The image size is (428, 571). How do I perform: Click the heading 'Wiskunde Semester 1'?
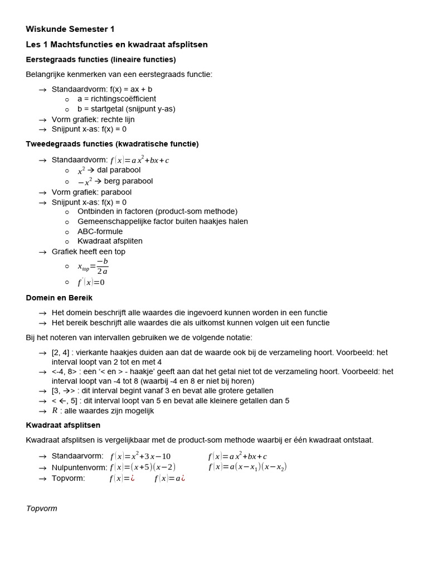70,29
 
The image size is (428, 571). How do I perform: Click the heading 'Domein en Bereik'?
59,298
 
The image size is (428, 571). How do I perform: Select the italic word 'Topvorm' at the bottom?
41,508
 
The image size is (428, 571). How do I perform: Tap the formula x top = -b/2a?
93,267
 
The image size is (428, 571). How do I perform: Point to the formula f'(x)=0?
91,282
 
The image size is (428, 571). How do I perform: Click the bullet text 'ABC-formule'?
100,231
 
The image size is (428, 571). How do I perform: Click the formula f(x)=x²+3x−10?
140,456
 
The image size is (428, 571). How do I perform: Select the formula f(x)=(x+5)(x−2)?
142,467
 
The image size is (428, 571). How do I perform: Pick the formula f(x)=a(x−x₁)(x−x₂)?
247,467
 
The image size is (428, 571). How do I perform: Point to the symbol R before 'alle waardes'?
55,410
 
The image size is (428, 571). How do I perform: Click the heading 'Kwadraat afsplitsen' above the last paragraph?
63,425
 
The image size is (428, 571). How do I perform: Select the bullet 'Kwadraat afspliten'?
110,241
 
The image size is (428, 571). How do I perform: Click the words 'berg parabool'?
128,181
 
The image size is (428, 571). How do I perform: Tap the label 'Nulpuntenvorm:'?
77,467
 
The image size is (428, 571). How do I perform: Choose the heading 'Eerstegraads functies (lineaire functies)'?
100,59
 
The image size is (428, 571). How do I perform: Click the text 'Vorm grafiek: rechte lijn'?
93,119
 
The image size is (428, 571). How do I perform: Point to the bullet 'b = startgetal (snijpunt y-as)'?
126,109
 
